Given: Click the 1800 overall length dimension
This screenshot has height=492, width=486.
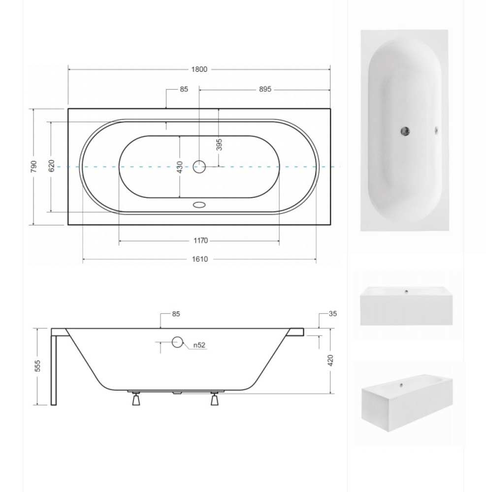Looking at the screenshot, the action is pos(199,69).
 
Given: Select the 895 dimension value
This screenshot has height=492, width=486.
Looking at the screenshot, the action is pos(265,89).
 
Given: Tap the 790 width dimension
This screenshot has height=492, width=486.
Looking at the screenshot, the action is pos(34,167).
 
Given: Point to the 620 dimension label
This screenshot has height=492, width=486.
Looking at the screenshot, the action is pos(52,166).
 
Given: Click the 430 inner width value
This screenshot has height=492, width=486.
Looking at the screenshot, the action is pos(180,167).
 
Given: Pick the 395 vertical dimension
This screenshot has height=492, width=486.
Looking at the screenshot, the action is pos(219,144).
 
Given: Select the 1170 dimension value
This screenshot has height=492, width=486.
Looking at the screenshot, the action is pos(200,241).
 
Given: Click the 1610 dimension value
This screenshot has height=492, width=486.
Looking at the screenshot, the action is pos(200,259).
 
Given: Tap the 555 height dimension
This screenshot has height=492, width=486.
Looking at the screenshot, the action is pos(37,366).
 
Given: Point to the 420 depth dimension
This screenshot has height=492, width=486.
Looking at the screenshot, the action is pos(330,361).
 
